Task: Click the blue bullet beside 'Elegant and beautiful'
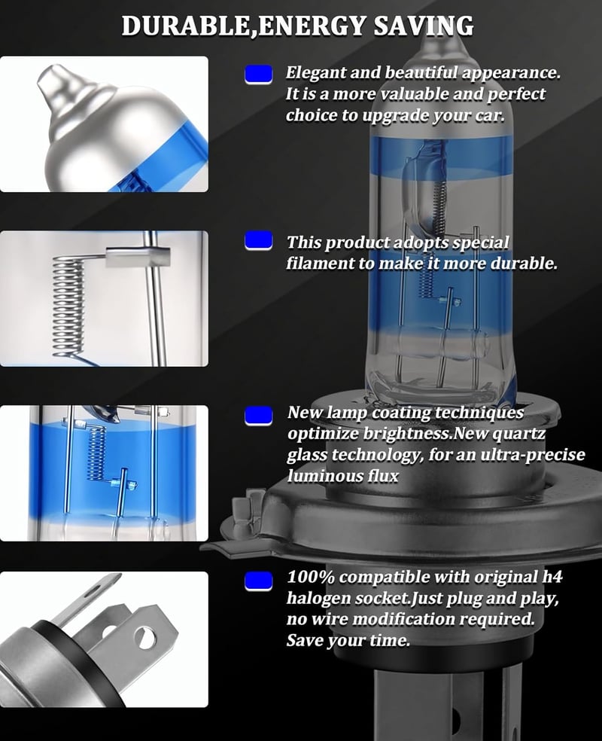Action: [258, 75]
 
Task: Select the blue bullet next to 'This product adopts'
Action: [258, 240]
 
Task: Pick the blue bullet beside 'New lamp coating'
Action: [258, 416]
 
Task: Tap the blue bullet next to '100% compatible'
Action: [258, 581]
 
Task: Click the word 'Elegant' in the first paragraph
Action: [310, 73]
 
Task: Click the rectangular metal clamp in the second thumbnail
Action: [138, 257]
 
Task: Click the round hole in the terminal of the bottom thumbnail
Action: [145, 638]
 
